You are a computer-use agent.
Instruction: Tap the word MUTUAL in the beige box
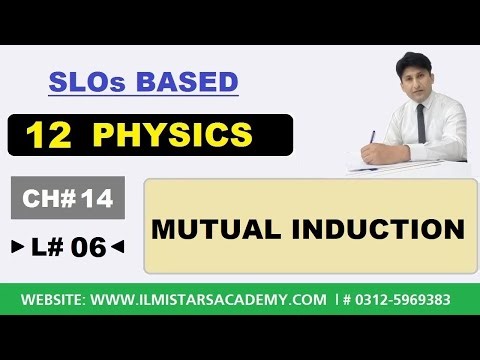click(210, 229)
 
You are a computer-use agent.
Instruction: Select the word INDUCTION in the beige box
click(371, 229)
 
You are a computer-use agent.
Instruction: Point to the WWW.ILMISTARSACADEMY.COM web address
click(210, 299)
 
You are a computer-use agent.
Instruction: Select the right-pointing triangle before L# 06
click(17, 247)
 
